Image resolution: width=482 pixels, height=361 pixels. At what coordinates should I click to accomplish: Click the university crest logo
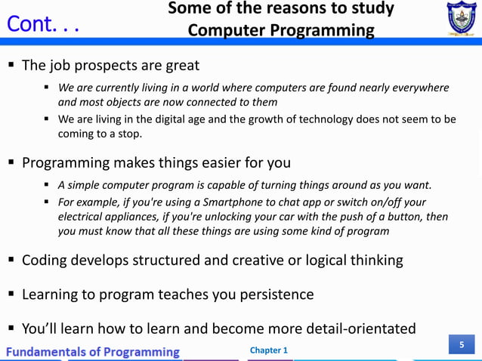pyautogui.click(x=456, y=19)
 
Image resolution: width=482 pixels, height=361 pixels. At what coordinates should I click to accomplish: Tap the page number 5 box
pyautogui.click(x=462, y=345)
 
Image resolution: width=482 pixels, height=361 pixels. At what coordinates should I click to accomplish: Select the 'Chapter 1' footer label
pyautogui.click(x=268, y=350)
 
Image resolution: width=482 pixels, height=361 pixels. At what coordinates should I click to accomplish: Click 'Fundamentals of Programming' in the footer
pyautogui.click(x=94, y=352)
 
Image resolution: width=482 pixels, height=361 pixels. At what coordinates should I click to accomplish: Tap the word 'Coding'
pyautogui.click(x=45, y=261)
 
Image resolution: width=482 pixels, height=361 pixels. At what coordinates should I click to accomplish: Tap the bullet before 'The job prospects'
pyautogui.click(x=11, y=65)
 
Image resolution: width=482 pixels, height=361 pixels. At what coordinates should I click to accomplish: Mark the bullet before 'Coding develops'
pyautogui.click(x=11, y=261)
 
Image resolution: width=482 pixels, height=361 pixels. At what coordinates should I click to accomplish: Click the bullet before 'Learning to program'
pyautogui.click(x=11, y=294)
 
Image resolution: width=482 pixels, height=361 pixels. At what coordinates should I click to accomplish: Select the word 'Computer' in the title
pyautogui.click(x=227, y=30)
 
